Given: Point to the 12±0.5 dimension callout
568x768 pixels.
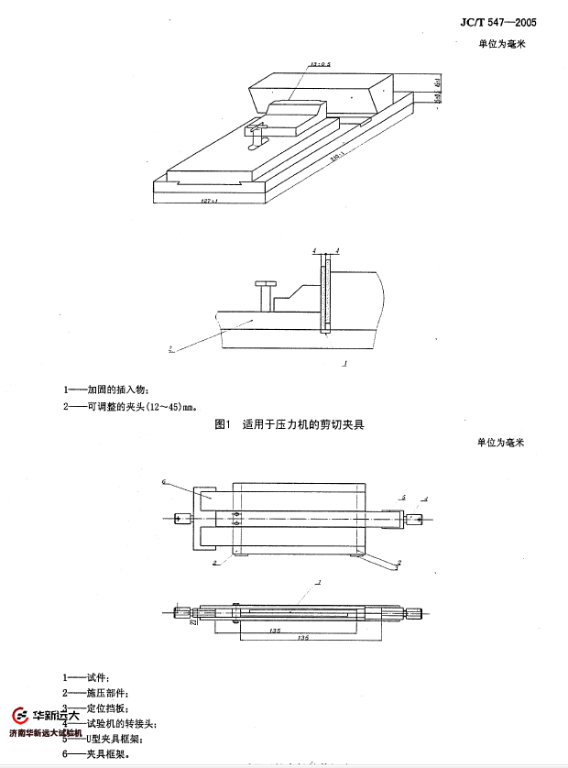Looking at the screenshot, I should [x=320, y=66].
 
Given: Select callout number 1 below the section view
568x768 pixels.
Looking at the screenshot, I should [x=343, y=364].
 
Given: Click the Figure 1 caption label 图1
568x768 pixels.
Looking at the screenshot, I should [x=221, y=424].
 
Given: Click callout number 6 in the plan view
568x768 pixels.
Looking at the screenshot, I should [x=163, y=481].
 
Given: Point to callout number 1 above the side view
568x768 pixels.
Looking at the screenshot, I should [x=318, y=582].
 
